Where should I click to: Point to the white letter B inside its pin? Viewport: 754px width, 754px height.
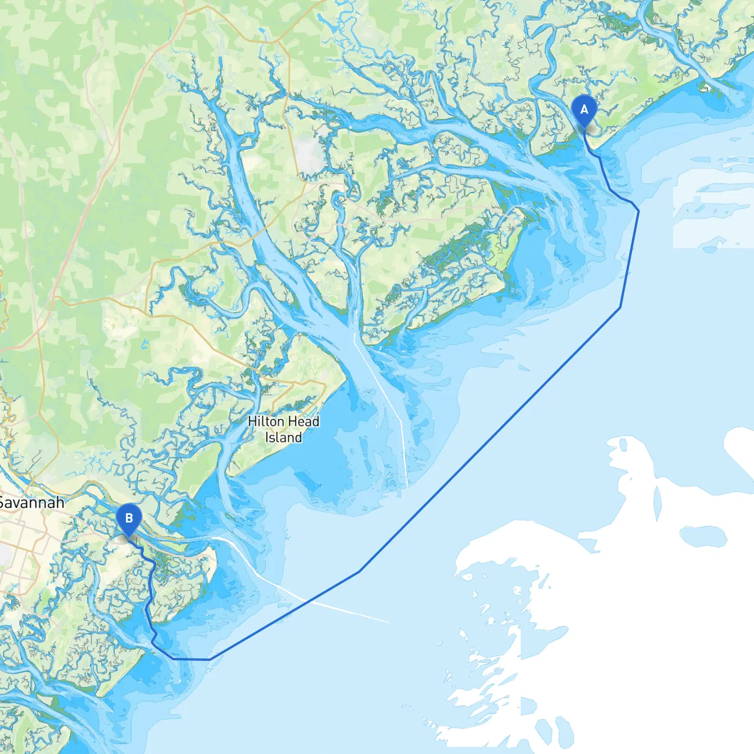129,518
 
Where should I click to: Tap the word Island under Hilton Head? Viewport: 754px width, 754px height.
283,438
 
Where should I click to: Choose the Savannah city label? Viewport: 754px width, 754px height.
32,503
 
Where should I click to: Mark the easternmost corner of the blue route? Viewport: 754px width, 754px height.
639,210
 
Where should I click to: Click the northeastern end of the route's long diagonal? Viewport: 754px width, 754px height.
620,307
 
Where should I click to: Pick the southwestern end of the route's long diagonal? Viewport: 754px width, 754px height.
359,571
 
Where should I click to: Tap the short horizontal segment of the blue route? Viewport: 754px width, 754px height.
191,659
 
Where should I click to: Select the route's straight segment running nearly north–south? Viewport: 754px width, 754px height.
630,259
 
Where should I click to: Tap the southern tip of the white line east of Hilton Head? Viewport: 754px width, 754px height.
407,487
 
